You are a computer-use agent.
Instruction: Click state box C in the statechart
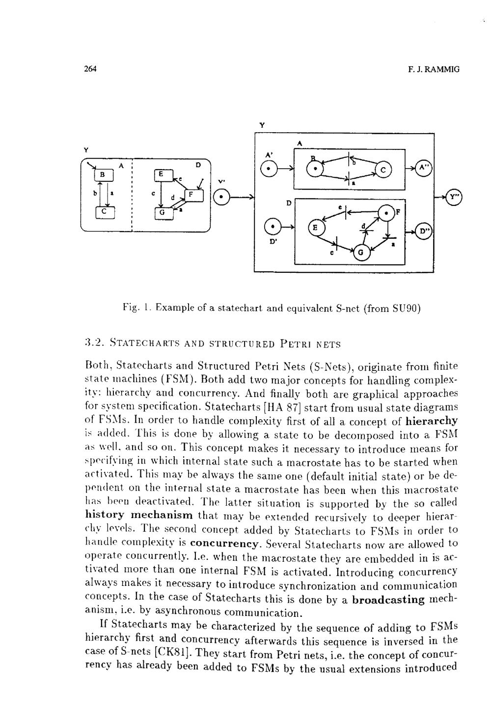pyautogui.click(x=105, y=212)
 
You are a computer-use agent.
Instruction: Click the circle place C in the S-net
pyautogui.click(x=383, y=169)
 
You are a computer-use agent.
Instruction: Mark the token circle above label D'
pyautogui.click(x=272, y=227)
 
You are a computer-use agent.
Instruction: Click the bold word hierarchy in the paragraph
pyautogui.click(x=432, y=421)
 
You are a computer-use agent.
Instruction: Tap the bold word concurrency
pyautogui.click(x=225, y=544)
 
